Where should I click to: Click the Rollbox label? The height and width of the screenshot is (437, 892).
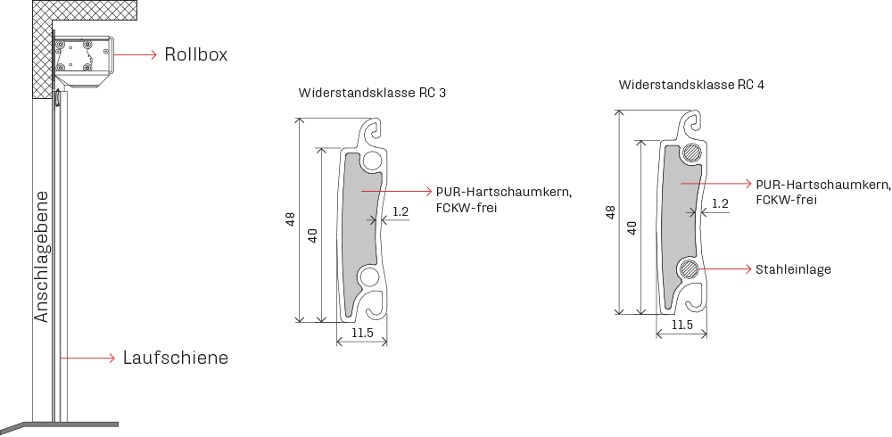[x=195, y=54]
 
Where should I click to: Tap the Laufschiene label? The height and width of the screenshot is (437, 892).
[x=175, y=358]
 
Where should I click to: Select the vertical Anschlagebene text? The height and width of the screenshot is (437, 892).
[x=42, y=257]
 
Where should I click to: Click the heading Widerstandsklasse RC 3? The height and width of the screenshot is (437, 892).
[x=372, y=94]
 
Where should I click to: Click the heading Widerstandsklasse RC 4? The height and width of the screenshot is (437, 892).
[x=692, y=85]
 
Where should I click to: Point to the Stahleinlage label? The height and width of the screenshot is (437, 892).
[x=793, y=269]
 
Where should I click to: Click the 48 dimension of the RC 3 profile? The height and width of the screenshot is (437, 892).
[x=291, y=220]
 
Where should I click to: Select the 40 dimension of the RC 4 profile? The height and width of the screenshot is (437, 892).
[x=631, y=227]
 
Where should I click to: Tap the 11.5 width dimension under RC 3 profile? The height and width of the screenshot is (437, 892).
[x=362, y=333]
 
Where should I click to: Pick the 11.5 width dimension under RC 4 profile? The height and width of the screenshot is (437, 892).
[x=681, y=325]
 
